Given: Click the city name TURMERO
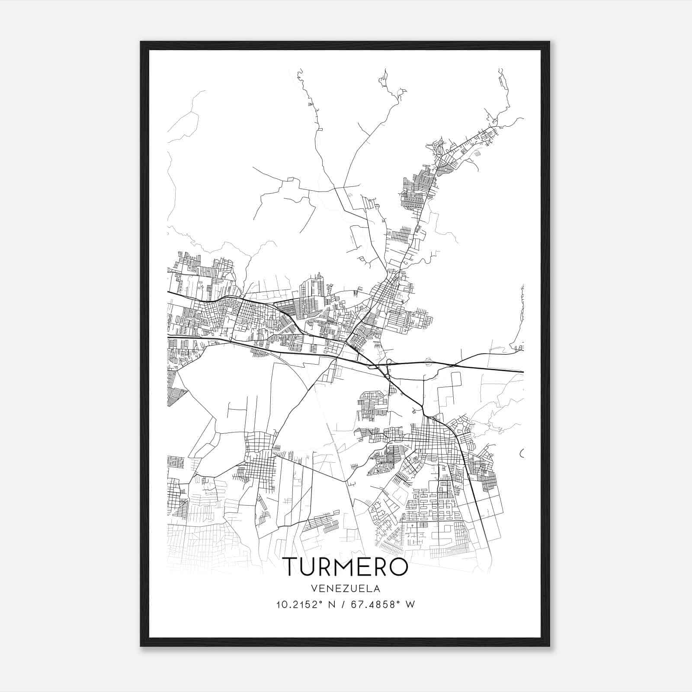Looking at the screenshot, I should (x=345, y=567).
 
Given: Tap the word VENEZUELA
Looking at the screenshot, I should (x=345, y=589).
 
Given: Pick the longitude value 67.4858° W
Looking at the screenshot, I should (x=383, y=605).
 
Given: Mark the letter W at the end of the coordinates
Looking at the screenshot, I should (x=410, y=605).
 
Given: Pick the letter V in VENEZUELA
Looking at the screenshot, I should (x=313, y=589).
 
